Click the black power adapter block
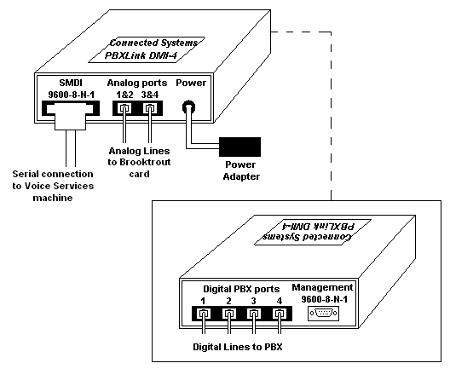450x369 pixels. [x=240, y=147]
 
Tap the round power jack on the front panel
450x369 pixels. [x=189, y=107]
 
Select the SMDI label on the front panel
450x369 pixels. [x=71, y=83]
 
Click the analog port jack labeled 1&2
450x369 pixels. [x=124, y=108]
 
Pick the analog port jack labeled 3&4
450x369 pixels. [x=149, y=108]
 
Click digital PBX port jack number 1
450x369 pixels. [x=204, y=314]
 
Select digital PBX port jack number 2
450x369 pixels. [x=228, y=314]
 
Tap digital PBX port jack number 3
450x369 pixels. [x=254, y=314]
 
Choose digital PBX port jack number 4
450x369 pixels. [x=280, y=314]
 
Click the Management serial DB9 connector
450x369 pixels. [x=324, y=313]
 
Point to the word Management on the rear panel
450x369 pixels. [x=322, y=287]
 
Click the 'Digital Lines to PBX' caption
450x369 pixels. [x=238, y=347]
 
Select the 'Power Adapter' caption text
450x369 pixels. [x=241, y=170]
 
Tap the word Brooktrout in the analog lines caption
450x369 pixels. [x=145, y=162]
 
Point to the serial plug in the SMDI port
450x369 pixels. [x=70, y=117]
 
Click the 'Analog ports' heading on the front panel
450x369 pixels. [x=137, y=83]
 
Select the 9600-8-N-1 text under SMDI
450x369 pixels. [x=72, y=95]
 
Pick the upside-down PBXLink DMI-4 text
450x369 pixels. [x=318, y=226]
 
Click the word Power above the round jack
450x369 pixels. [x=191, y=83]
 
